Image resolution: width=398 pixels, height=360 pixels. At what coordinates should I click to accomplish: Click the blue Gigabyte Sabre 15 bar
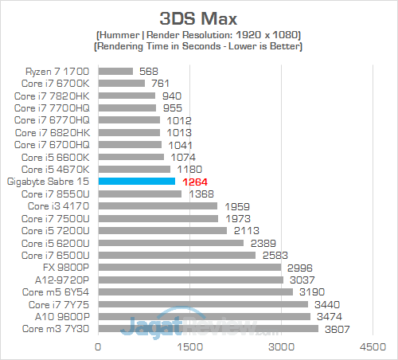coord(136,182)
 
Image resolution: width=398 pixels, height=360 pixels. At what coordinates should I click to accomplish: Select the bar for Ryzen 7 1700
coord(115,71)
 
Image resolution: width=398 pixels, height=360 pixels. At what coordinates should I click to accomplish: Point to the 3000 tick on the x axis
coord(281,347)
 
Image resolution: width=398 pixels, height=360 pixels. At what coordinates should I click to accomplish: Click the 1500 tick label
coord(189,347)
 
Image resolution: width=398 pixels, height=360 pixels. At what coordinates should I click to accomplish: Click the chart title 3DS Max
coord(199,17)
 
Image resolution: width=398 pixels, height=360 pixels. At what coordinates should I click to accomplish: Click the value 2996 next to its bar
coord(301,268)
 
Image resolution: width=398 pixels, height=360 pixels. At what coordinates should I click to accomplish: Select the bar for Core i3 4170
coord(158,206)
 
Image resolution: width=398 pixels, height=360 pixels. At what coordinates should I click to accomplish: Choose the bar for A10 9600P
coord(204,317)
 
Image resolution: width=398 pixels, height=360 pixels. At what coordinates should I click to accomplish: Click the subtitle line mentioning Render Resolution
coord(199,36)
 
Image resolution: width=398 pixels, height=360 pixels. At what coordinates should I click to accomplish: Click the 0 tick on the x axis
coord(98,347)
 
